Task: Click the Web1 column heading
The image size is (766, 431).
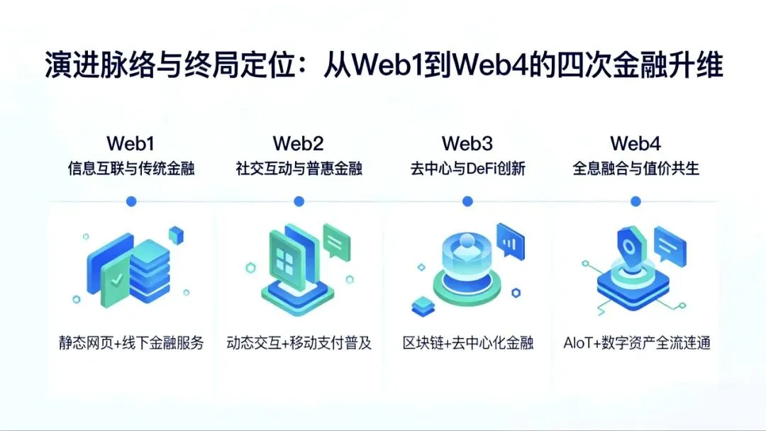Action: (131, 144)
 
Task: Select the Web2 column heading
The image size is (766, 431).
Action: (299, 144)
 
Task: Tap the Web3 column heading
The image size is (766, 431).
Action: (467, 144)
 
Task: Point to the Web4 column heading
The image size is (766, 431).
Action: (635, 144)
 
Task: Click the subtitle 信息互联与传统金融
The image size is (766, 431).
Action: (131, 169)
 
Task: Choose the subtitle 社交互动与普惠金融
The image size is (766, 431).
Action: (299, 169)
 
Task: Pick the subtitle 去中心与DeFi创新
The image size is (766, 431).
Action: (467, 169)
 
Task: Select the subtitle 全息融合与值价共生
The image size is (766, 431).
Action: (635, 169)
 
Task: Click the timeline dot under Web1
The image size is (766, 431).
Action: (131, 202)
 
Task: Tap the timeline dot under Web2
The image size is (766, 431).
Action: (299, 202)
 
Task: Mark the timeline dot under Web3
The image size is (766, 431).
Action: (467, 202)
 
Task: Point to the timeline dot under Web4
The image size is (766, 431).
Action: (635, 202)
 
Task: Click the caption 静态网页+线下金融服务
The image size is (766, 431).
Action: (131, 344)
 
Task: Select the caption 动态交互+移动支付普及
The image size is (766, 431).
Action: (299, 344)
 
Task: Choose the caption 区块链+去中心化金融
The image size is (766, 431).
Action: (467, 344)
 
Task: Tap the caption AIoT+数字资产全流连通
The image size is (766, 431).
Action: (636, 344)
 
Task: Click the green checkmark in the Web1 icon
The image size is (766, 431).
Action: (116, 280)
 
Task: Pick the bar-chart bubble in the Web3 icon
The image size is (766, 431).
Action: (510, 240)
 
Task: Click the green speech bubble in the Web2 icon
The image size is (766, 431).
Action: (336, 241)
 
